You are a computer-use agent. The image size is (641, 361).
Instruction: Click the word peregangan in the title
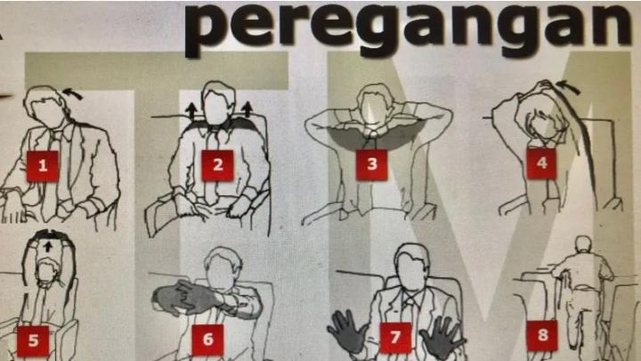(x=407, y=28)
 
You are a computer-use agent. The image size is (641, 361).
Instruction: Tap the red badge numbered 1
(x=43, y=166)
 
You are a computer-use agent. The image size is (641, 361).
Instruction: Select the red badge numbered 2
(x=218, y=165)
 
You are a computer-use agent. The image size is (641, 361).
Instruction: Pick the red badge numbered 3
(x=371, y=165)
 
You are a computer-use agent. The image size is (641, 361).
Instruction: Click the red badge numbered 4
(x=541, y=163)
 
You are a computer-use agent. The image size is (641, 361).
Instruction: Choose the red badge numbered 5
(x=33, y=340)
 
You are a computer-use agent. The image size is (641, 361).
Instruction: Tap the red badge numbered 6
(x=207, y=340)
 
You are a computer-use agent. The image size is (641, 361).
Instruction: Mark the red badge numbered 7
(x=395, y=338)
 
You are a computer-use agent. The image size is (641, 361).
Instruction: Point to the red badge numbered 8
(x=542, y=336)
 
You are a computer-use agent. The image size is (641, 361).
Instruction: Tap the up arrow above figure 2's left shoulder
(x=191, y=111)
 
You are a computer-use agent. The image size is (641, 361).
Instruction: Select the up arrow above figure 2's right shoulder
(x=247, y=110)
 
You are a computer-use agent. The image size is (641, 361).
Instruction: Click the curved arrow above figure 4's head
(x=568, y=86)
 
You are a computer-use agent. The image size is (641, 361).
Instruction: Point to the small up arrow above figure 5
(x=49, y=246)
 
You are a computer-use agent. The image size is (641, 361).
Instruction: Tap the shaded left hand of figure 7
(x=347, y=332)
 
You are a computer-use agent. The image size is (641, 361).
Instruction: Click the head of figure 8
(x=583, y=245)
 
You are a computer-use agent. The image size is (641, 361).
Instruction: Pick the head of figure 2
(x=218, y=103)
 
